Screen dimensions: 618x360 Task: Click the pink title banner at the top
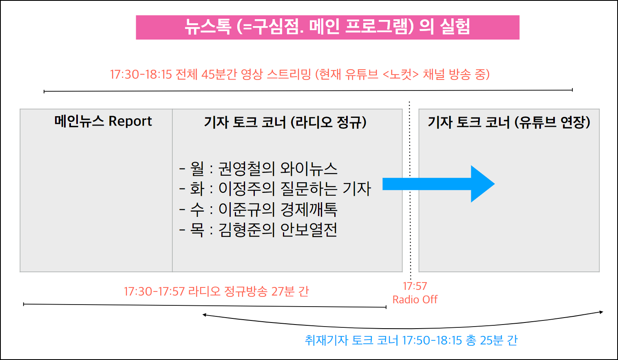tap(327, 27)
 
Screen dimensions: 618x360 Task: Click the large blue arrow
tap(438, 184)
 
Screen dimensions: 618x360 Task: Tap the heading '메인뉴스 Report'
tap(103, 121)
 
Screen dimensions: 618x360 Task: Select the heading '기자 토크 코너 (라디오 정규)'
tap(285, 122)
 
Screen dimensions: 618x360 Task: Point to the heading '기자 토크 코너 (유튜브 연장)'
tap(509, 122)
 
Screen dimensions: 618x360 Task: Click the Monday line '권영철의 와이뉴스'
tap(278, 169)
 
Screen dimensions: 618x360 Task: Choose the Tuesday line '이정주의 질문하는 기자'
tap(295, 189)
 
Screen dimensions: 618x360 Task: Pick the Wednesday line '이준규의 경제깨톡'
tap(278, 210)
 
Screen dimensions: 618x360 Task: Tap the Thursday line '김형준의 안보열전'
tap(278, 230)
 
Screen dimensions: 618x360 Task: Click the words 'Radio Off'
tap(415, 300)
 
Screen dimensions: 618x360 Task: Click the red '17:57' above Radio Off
tap(415, 286)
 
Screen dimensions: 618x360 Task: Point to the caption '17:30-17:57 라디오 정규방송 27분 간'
tap(216, 292)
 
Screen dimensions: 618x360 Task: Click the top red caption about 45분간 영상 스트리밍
tap(300, 75)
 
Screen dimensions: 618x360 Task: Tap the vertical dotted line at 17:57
tap(410, 191)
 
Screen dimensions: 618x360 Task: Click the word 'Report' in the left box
tap(130, 121)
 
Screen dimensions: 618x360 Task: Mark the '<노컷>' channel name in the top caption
tap(401, 75)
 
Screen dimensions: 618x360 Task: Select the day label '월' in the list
tap(197, 169)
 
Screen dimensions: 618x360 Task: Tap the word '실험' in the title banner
tap(455, 27)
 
